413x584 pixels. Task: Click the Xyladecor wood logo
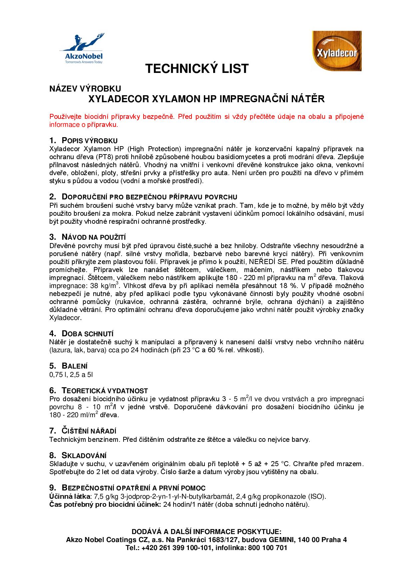336,51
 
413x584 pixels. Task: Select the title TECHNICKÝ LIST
197,69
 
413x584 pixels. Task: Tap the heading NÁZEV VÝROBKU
85,89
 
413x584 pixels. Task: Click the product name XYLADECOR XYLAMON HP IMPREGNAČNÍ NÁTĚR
206,99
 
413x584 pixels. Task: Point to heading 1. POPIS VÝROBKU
83,141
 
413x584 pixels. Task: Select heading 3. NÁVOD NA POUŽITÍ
87,237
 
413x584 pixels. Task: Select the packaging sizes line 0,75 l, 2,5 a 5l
71,375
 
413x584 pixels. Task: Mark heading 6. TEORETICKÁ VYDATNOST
99,391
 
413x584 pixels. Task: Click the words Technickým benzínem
84,439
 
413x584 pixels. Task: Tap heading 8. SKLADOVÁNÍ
78,455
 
